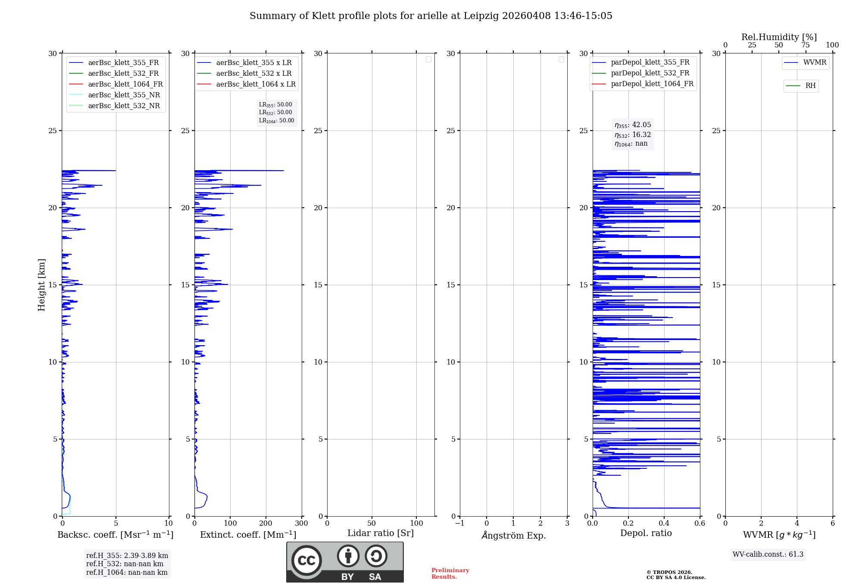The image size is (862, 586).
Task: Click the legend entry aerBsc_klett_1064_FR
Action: [x=125, y=84]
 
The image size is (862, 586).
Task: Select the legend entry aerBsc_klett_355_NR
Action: [x=124, y=95]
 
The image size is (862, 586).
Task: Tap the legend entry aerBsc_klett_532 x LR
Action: [x=253, y=73]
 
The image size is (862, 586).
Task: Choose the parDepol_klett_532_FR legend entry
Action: [x=650, y=73]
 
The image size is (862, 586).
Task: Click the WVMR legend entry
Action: [x=814, y=62]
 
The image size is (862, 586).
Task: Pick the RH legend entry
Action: [x=810, y=86]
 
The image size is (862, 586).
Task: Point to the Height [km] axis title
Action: [x=41, y=284]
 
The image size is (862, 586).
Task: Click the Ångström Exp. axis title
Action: [x=513, y=535]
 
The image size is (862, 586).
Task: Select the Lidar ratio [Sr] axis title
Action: [x=380, y=533]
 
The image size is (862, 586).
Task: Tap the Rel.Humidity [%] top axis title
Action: [x=779, y=37]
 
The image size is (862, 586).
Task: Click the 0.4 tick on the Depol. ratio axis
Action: [x=664, y=523]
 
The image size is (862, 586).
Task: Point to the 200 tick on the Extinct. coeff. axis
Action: [x=266, y=523]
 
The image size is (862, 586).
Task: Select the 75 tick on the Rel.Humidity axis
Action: [x=805, y=45]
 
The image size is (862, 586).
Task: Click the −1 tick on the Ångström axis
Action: [x=459, y=523]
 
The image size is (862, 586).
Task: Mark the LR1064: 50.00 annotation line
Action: [x=276, y=121]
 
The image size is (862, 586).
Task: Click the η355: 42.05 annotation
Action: [x=633, y=125]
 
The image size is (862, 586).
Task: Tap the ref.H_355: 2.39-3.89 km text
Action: [x=127, y=555]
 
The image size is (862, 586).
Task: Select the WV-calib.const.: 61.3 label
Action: [x=768, y=554]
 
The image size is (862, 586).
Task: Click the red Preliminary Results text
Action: [x=450, y=573]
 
